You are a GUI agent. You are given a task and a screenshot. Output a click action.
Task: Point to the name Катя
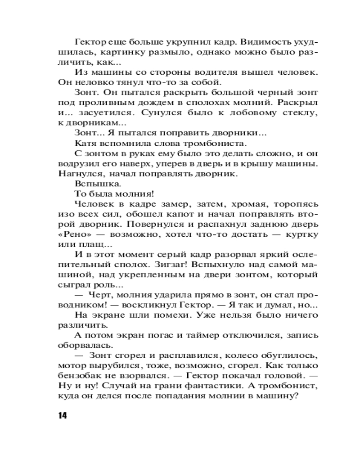(85, 144)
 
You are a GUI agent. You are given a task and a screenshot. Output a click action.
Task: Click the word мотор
(71, 365)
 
